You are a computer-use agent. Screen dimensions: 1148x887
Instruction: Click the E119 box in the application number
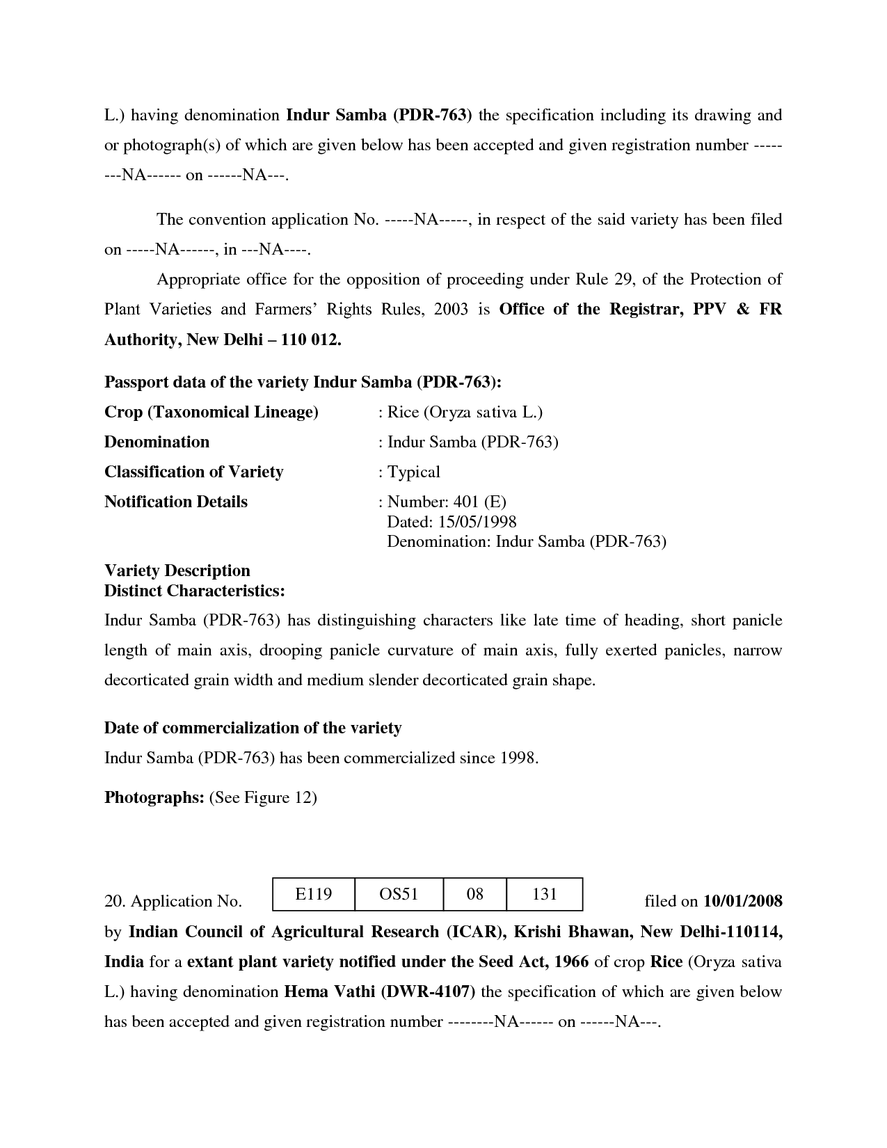pos(313,894)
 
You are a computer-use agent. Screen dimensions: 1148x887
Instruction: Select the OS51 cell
pos(399,894)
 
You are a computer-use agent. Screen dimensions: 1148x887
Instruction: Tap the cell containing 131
pos(544,894)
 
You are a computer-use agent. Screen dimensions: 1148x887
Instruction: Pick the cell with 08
pos(474,894)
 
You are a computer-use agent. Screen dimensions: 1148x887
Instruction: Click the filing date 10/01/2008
pos(743,902)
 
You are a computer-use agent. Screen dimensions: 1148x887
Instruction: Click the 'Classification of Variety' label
pos(194,472)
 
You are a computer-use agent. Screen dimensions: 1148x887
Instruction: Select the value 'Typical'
pos(413,472)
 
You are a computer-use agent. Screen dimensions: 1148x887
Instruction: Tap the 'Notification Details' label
pos(176,502)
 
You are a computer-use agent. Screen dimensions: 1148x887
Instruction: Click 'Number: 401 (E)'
pos(447,502)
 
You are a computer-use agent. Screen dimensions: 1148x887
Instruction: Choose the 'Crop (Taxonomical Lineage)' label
pos(211,413)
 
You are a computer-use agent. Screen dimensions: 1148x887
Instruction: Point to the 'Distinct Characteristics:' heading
pos(195,591)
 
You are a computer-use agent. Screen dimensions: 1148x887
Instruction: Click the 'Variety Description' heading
pos(177,571)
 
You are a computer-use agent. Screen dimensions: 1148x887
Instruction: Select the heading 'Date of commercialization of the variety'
pos(253,728)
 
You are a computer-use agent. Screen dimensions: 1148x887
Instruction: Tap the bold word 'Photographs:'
pos(154,798)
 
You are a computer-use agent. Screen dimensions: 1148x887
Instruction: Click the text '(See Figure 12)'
pos(263,798)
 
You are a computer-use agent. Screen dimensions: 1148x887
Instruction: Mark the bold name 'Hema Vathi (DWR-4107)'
pos(380,992)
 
